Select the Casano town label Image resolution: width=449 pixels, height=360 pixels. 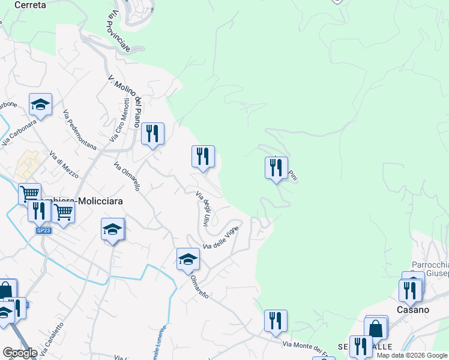point(412,310)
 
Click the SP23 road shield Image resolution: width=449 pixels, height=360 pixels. point(43,230)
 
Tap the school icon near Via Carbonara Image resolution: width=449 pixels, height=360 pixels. point(40,105)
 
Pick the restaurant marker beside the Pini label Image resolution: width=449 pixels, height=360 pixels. point(276,167)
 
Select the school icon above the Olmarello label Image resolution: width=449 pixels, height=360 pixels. point(188,260)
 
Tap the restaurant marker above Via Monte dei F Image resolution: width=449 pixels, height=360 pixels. point(276,321)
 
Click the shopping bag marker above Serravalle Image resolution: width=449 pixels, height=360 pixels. point(376,328)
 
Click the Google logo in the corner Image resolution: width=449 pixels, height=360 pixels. point(20,353)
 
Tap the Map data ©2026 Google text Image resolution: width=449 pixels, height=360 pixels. point(412,355)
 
